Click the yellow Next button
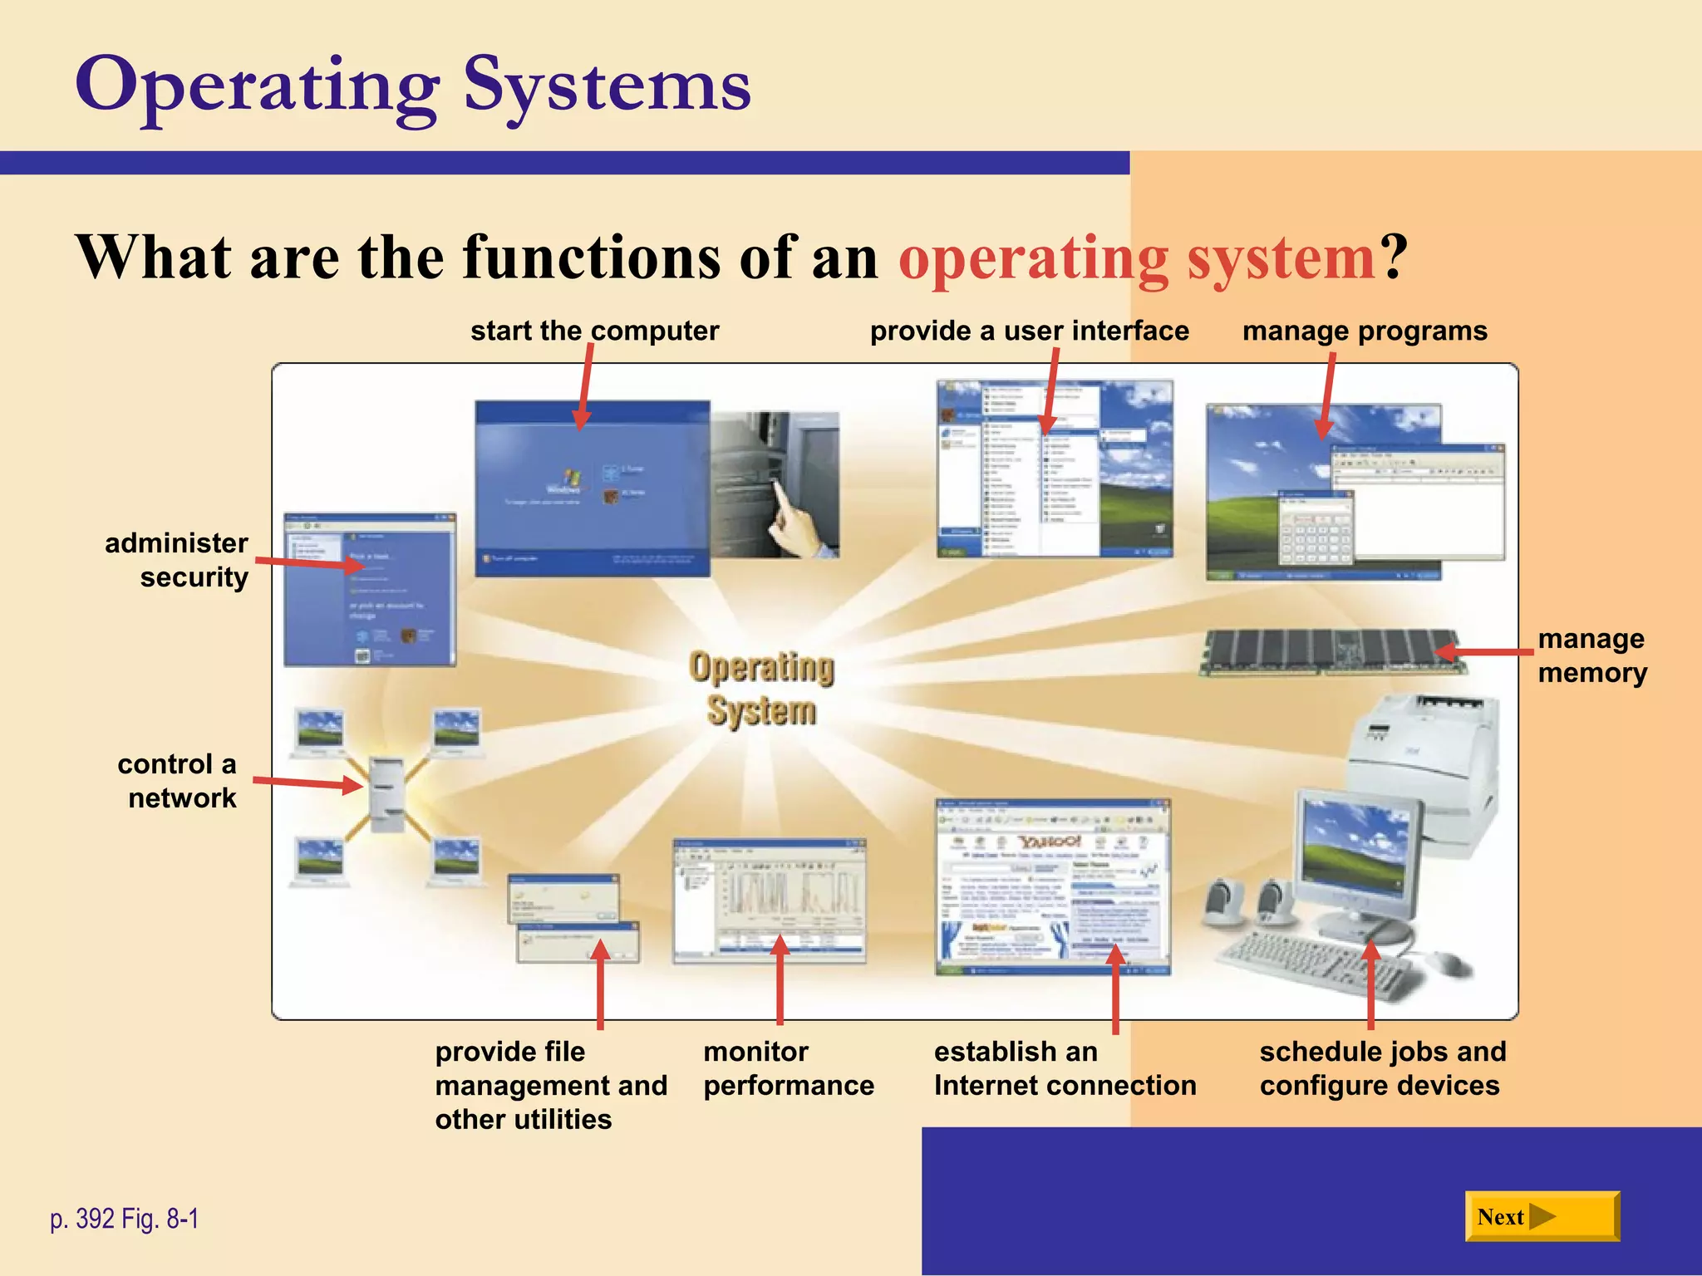coord(1542,1216)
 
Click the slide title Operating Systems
coord(413,86)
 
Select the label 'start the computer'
coord(594,331)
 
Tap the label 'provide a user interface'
coord(1029,331)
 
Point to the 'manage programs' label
coord(1365,331)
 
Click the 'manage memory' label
coord(1591,655)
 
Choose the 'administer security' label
coord(177,560)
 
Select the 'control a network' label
coord(177,781)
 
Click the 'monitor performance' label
coord(788,1068)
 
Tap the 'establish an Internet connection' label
coord(1065,1068)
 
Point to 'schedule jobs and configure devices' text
coord(1382,1068)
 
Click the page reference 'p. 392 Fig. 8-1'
coord(125,1219)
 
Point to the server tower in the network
coord(386,793)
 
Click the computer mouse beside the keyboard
coord(1450,964)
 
